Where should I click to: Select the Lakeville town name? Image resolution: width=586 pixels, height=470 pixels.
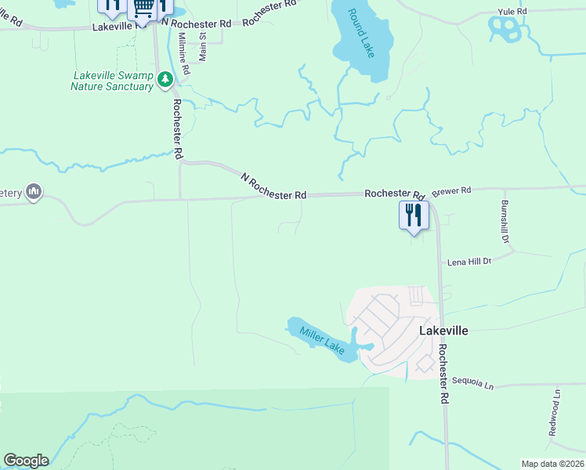coord(443,331)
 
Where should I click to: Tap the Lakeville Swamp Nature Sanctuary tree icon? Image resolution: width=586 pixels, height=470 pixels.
coord(165,78)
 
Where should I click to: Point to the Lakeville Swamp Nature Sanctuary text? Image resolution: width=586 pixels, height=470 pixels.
coord(112,81)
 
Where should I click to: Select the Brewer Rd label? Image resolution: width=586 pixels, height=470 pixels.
coord(451,190)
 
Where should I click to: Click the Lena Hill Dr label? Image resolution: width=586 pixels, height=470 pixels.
coord(468,261)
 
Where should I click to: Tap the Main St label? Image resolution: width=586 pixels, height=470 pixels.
coord(203,47)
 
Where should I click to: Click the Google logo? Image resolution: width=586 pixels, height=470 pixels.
coord(26,460)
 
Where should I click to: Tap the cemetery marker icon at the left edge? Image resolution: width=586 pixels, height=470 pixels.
coord(33,192)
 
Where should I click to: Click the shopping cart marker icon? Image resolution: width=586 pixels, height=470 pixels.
coord(143,8)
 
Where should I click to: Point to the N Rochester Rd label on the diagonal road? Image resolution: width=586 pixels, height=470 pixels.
coord(273,187)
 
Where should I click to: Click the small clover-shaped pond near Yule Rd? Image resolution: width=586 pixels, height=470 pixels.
coord(505,29)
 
